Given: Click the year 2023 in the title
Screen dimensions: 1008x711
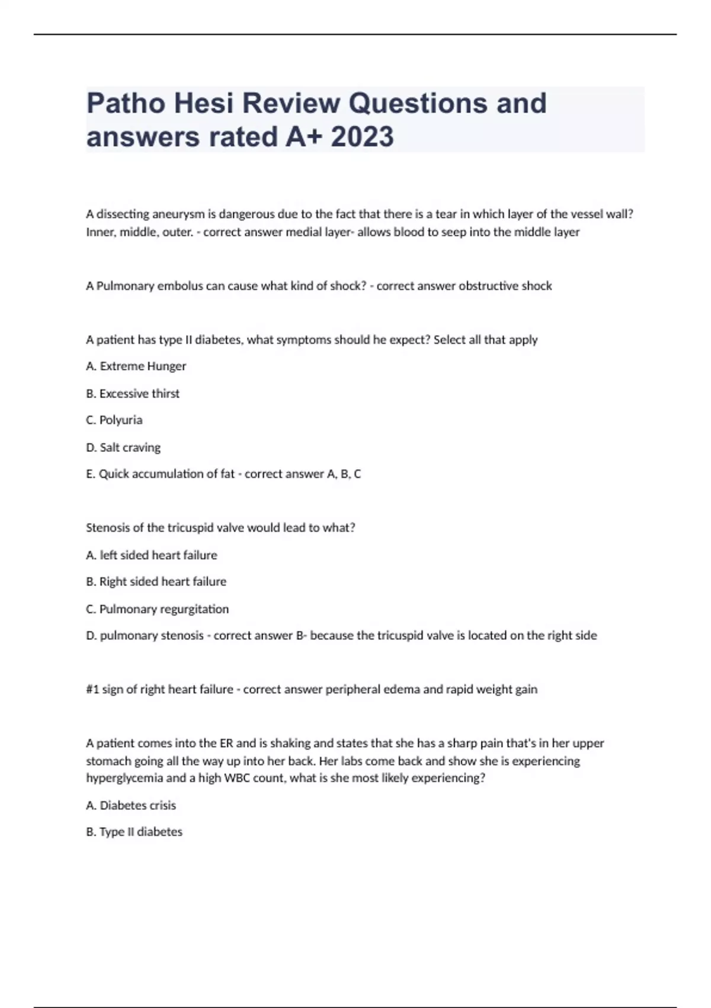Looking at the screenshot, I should (x=362, y=136).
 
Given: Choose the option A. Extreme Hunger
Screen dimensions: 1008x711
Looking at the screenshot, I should (x=136, y=366).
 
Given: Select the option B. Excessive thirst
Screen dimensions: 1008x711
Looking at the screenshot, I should (x=133, y=394).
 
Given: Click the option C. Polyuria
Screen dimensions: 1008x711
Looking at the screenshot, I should (x=114, y=420).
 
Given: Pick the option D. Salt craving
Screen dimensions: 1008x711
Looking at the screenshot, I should (x=123, y=447).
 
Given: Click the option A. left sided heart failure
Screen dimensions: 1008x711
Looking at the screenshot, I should (x=152, y=555).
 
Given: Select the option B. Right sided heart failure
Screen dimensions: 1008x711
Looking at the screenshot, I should (x=156, y=582).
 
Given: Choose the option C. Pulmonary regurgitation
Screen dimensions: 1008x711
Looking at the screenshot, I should (x=158, y=609).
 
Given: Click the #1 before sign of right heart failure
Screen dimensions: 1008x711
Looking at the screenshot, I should (x=92, y=689).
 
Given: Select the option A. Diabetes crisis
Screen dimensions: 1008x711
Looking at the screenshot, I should (x=131, y=805).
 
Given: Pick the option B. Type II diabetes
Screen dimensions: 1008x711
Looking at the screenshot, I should (x=134, y=832).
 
